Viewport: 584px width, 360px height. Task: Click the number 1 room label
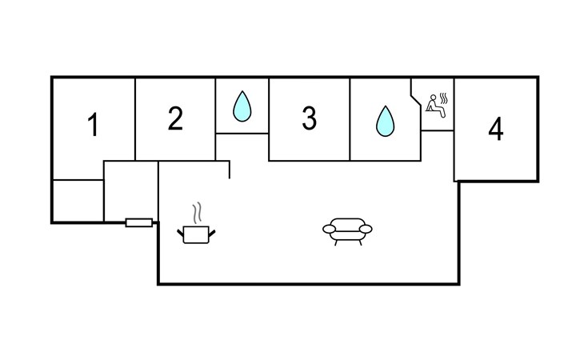[x=93, y=125]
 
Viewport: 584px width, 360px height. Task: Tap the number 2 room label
[x=175, y=118]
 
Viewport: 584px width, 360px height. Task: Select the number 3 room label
[x=309, y=118]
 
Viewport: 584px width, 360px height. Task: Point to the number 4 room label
[x=496, y=129]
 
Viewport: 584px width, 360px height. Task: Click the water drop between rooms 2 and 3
[x=242, y=106]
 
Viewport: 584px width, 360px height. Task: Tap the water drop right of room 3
[x=385, y=122]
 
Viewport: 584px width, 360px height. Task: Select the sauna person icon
[x=433, y=106]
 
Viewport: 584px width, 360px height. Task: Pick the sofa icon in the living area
[x=347, y=231]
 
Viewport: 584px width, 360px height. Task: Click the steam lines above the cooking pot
[x=197, y=213]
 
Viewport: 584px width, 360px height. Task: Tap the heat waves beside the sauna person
[x=443, y=98]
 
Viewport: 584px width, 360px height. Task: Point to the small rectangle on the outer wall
[x=139, y=222]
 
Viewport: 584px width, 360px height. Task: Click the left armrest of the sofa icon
[x=330, y=229]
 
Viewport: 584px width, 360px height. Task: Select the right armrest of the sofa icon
[x=366, y=229]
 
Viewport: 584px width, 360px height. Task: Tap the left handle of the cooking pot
[x=180, y=234]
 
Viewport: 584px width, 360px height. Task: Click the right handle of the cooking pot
[x=212, y=234]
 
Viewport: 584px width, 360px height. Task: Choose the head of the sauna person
[x=433, y=98]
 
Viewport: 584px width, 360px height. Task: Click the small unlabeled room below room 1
[x=78, y=201]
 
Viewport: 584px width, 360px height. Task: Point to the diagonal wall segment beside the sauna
[x=416, y=102]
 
